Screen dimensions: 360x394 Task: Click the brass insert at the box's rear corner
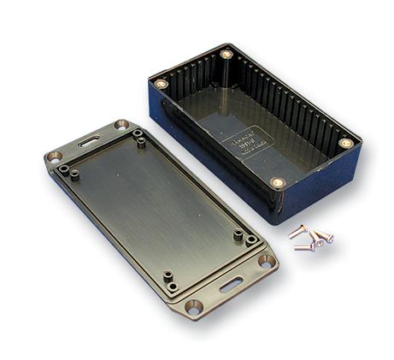pyautogui.click(x=226, y=54)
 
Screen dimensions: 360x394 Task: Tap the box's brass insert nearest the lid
pyautogui.click(x=161, y=84)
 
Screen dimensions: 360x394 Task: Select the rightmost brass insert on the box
pyautogui.click(x=345, y=143)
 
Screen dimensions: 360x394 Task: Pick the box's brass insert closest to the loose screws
pyautogui.click(x=277, y=182)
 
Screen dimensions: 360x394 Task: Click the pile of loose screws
pyautogui.click(x=310, y=239)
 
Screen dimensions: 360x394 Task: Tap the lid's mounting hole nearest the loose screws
pyautogui.click(x=266, y=261)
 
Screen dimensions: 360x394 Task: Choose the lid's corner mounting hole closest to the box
pyautogui.click(x=121, y=125)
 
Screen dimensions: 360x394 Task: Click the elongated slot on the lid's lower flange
pyautogui.click(x=231, y=285)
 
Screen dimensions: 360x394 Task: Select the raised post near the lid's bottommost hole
pyautogui.click(x=169, y=280)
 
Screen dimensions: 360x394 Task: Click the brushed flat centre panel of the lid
pyautogui.click(x=154, y=205)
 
